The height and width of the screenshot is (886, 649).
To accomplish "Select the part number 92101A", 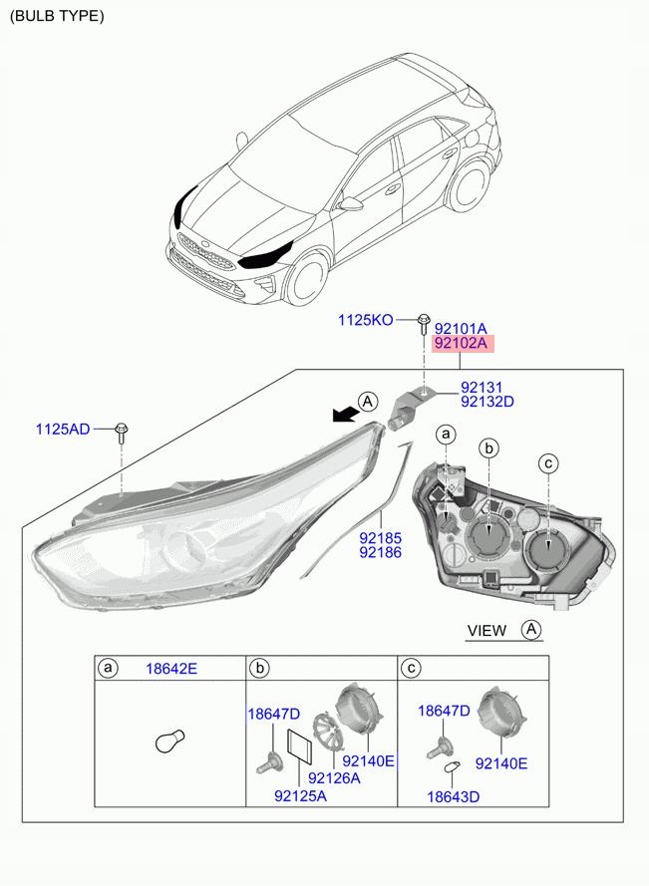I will coord(460,328).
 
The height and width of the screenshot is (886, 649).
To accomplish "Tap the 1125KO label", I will coord(365,320).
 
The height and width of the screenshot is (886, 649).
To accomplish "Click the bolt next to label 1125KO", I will coord(424,322).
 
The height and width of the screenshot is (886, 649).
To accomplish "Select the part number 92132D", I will coord(487,402).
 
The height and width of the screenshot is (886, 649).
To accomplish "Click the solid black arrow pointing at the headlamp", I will coord(346,414).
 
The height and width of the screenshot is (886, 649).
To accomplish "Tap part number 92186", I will coord(381,552).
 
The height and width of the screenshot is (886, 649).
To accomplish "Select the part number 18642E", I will coord(171,669).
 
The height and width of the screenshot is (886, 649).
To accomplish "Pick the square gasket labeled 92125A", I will coord(299,747).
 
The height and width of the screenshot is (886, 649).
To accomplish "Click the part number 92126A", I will coord(334,778).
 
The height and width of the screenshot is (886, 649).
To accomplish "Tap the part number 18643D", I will coord(453,797).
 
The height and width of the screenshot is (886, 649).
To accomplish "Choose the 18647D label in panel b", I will coord(273,714).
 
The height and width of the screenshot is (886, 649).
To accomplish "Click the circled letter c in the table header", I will coord(411,668).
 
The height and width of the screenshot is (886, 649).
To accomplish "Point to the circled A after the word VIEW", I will coord(532,629).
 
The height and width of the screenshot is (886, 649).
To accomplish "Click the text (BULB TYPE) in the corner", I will coord(57,16).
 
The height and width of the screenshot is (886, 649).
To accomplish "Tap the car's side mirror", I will coord(352,203).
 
